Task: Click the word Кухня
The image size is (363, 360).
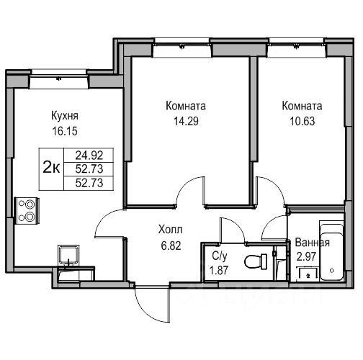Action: [65, 116]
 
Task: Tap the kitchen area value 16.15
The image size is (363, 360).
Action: [65, 131]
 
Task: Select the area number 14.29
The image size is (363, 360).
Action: [186, 121]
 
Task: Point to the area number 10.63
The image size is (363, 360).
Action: [302, 121]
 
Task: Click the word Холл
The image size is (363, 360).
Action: [171, 230]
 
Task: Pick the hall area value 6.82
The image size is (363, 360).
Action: [171, 246]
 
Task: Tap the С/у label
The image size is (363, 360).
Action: [220, 256]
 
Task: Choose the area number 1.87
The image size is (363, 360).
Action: [219, 271]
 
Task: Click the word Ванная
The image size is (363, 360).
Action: [312, 243]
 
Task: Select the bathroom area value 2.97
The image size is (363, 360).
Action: [306, 257]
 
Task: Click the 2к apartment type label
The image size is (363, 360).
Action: [51, 168]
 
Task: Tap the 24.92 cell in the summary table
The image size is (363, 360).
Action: [89, 156]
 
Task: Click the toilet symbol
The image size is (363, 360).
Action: [256, 261]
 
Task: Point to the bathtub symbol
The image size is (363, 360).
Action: [331, 251]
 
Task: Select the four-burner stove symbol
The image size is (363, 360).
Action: [27, 210]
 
